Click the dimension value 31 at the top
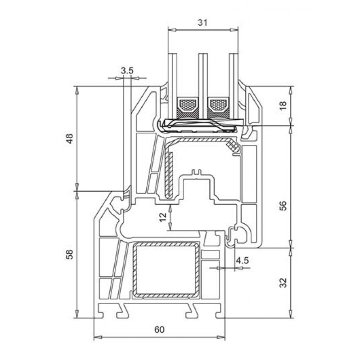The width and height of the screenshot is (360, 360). click(x=202, y=23)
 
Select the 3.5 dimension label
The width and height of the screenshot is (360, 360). click(x=127, y=71)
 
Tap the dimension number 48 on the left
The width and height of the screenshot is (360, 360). click(x=69, y=139)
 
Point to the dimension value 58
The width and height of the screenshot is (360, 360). click(x=69, y=254)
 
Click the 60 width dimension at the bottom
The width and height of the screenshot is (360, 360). click(x=159, y=329)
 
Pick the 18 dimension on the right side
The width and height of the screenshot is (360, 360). click(x=283, y=105)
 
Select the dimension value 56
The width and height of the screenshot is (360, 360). click(x=283, y=206)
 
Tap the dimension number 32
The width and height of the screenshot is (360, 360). click(x=283, y=283)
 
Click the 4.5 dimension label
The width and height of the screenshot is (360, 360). click(x=242, y=261)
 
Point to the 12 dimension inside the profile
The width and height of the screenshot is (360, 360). click(x=162, y=217)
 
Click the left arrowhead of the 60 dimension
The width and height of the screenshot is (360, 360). click(x=98, y=337)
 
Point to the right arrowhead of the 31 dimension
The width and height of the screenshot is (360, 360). click(x=234, y=30)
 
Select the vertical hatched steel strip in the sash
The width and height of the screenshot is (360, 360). click(x=170, y=174)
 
